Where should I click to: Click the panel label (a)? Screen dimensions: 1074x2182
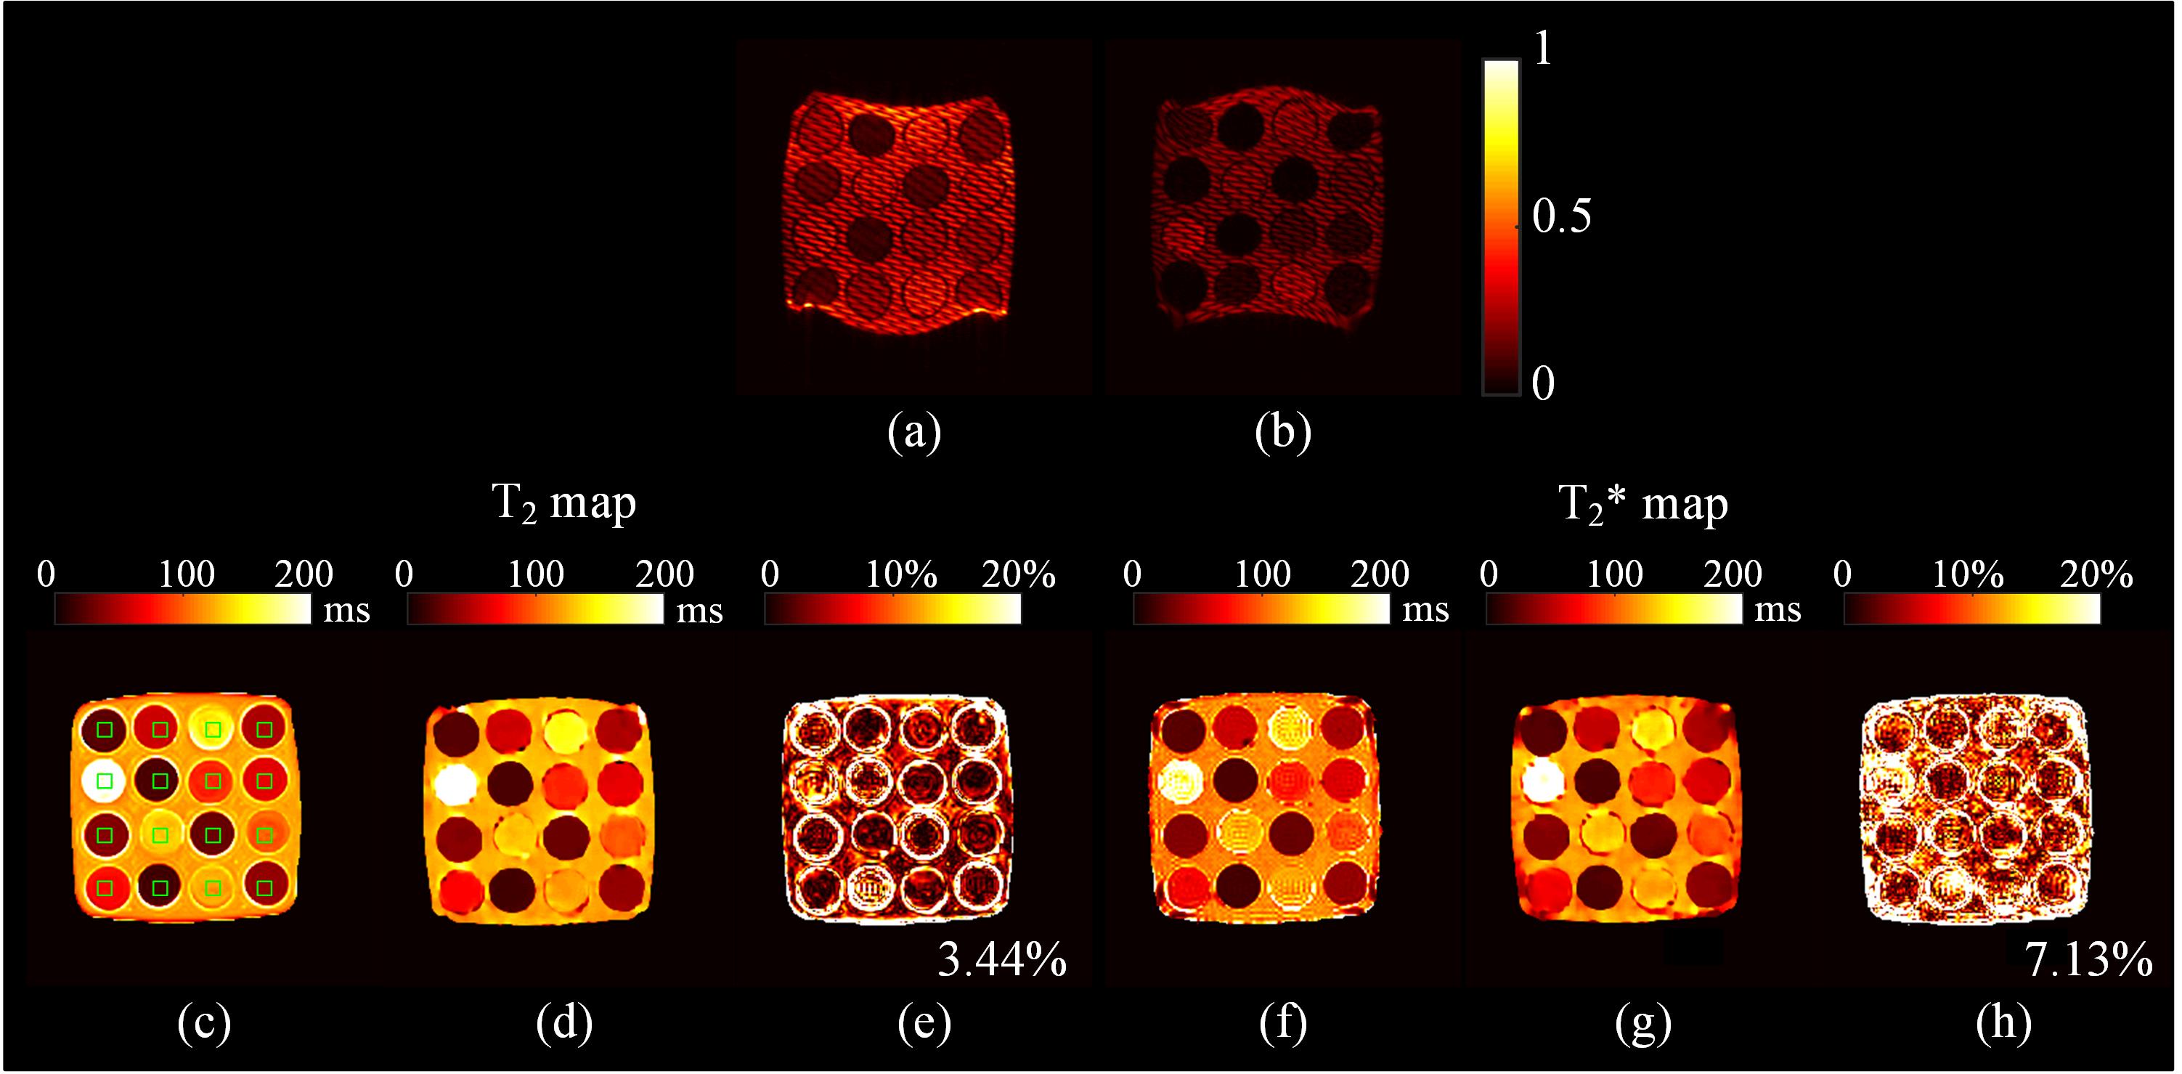click(x=914, y=433)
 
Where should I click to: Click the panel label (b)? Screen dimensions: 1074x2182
click(x=1282, y=433)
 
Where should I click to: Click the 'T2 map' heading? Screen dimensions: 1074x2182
click(x=563, y=505)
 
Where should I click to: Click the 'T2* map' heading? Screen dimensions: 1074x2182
click(x=1642, y=505)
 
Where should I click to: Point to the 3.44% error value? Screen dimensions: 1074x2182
click(x=1002, y=961)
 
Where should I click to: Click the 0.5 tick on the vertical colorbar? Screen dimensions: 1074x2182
click(x=1561, y=217)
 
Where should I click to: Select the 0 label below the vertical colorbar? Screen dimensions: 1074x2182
click(x=1543, y=383)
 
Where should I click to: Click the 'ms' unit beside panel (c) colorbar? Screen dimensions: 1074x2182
click(x=346, y=610)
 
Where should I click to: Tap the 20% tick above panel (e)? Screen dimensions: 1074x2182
click(x=1018, y=574)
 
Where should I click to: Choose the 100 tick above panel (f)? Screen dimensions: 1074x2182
click(x=1262, y=574)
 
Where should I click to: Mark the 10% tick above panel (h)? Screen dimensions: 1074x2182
click(x=1967, y=574)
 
